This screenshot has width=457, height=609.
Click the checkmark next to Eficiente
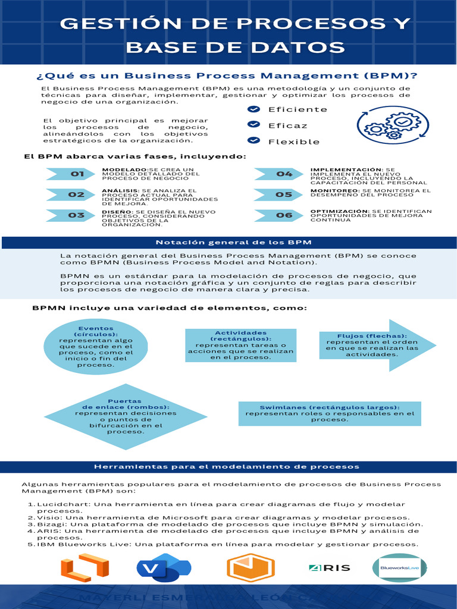pyautogui.click(x=254, y=109)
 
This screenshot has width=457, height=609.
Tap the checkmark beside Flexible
pyautogui.click(x=254, y=141)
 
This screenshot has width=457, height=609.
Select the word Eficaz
pyautogui.click(x=288, y=125)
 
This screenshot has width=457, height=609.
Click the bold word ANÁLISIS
pyautogui.click(x=120, y=190)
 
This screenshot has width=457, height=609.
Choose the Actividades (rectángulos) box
pyautogui.click(x=240, y=346)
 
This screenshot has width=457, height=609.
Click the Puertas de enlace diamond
pyautogui.click(x=125, y=416)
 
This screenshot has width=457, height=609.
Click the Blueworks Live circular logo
pyautogui.click(x=400, y=569)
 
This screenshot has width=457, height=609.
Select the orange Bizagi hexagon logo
pyautogui.click(x=251, y=569)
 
